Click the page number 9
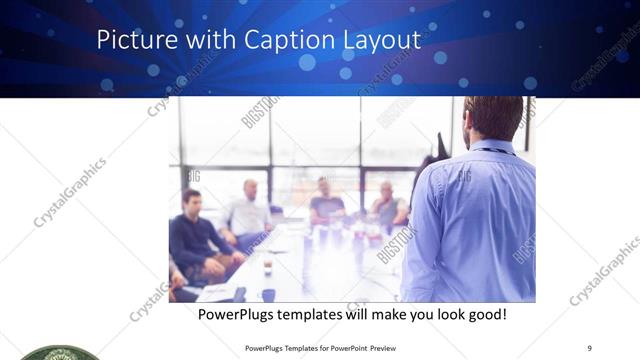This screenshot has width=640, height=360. (589, 347)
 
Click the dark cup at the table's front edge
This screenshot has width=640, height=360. (268, 295)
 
